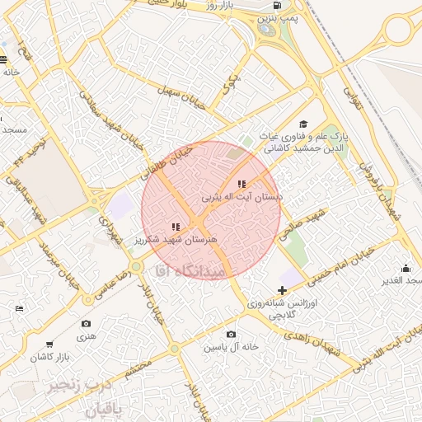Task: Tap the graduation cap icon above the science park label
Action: point(303,124)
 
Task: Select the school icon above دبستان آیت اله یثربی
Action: point(241,184)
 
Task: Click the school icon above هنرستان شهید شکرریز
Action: point(175,226)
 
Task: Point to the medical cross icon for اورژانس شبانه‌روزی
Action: point(283,290)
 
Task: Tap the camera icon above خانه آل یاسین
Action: point(231,334)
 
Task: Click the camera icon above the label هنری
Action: point(87,324)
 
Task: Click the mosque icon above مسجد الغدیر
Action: point(405,268)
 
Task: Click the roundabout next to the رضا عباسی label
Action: point(135,268)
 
